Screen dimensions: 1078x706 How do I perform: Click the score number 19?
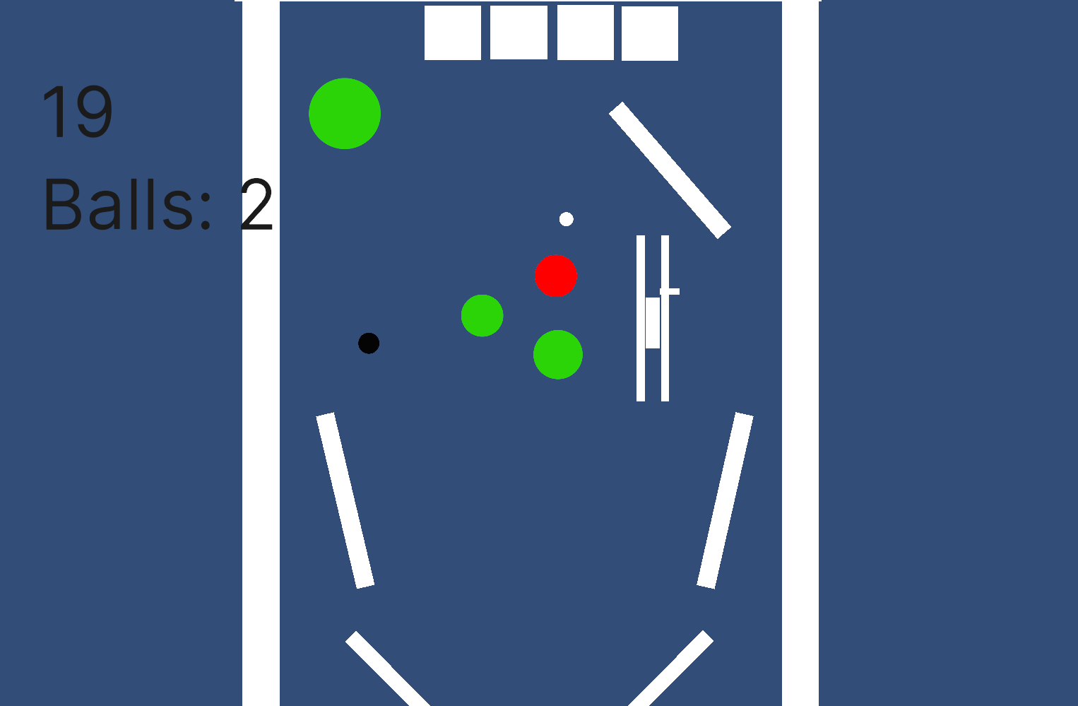(78, 111)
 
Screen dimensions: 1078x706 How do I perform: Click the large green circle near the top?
(345, 114)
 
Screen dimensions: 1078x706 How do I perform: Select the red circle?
(556, 276)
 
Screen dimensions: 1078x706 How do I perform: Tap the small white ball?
(567, 219)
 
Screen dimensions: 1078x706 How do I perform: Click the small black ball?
(369, 343)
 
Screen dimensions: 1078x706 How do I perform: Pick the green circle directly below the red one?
(558, 355)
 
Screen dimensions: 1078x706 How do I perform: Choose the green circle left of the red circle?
(482, 315)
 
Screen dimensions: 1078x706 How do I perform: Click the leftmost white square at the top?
(452, 33)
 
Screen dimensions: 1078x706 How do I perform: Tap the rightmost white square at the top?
(650, 33)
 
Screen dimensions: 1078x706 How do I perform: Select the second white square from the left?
(519, 33)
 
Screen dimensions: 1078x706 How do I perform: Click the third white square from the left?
(585, 33)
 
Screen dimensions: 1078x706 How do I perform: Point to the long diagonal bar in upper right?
(670, 170)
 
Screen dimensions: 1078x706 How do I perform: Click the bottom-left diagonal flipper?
(388, 669)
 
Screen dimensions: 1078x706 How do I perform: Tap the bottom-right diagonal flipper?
(671, 669)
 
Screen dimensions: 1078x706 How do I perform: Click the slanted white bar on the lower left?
(345, 500)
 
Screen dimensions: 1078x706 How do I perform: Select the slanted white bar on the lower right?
(725, 500)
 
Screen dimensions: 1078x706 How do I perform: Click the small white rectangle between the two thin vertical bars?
(653, 323)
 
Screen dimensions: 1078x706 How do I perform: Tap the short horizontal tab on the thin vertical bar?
(670, 291)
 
